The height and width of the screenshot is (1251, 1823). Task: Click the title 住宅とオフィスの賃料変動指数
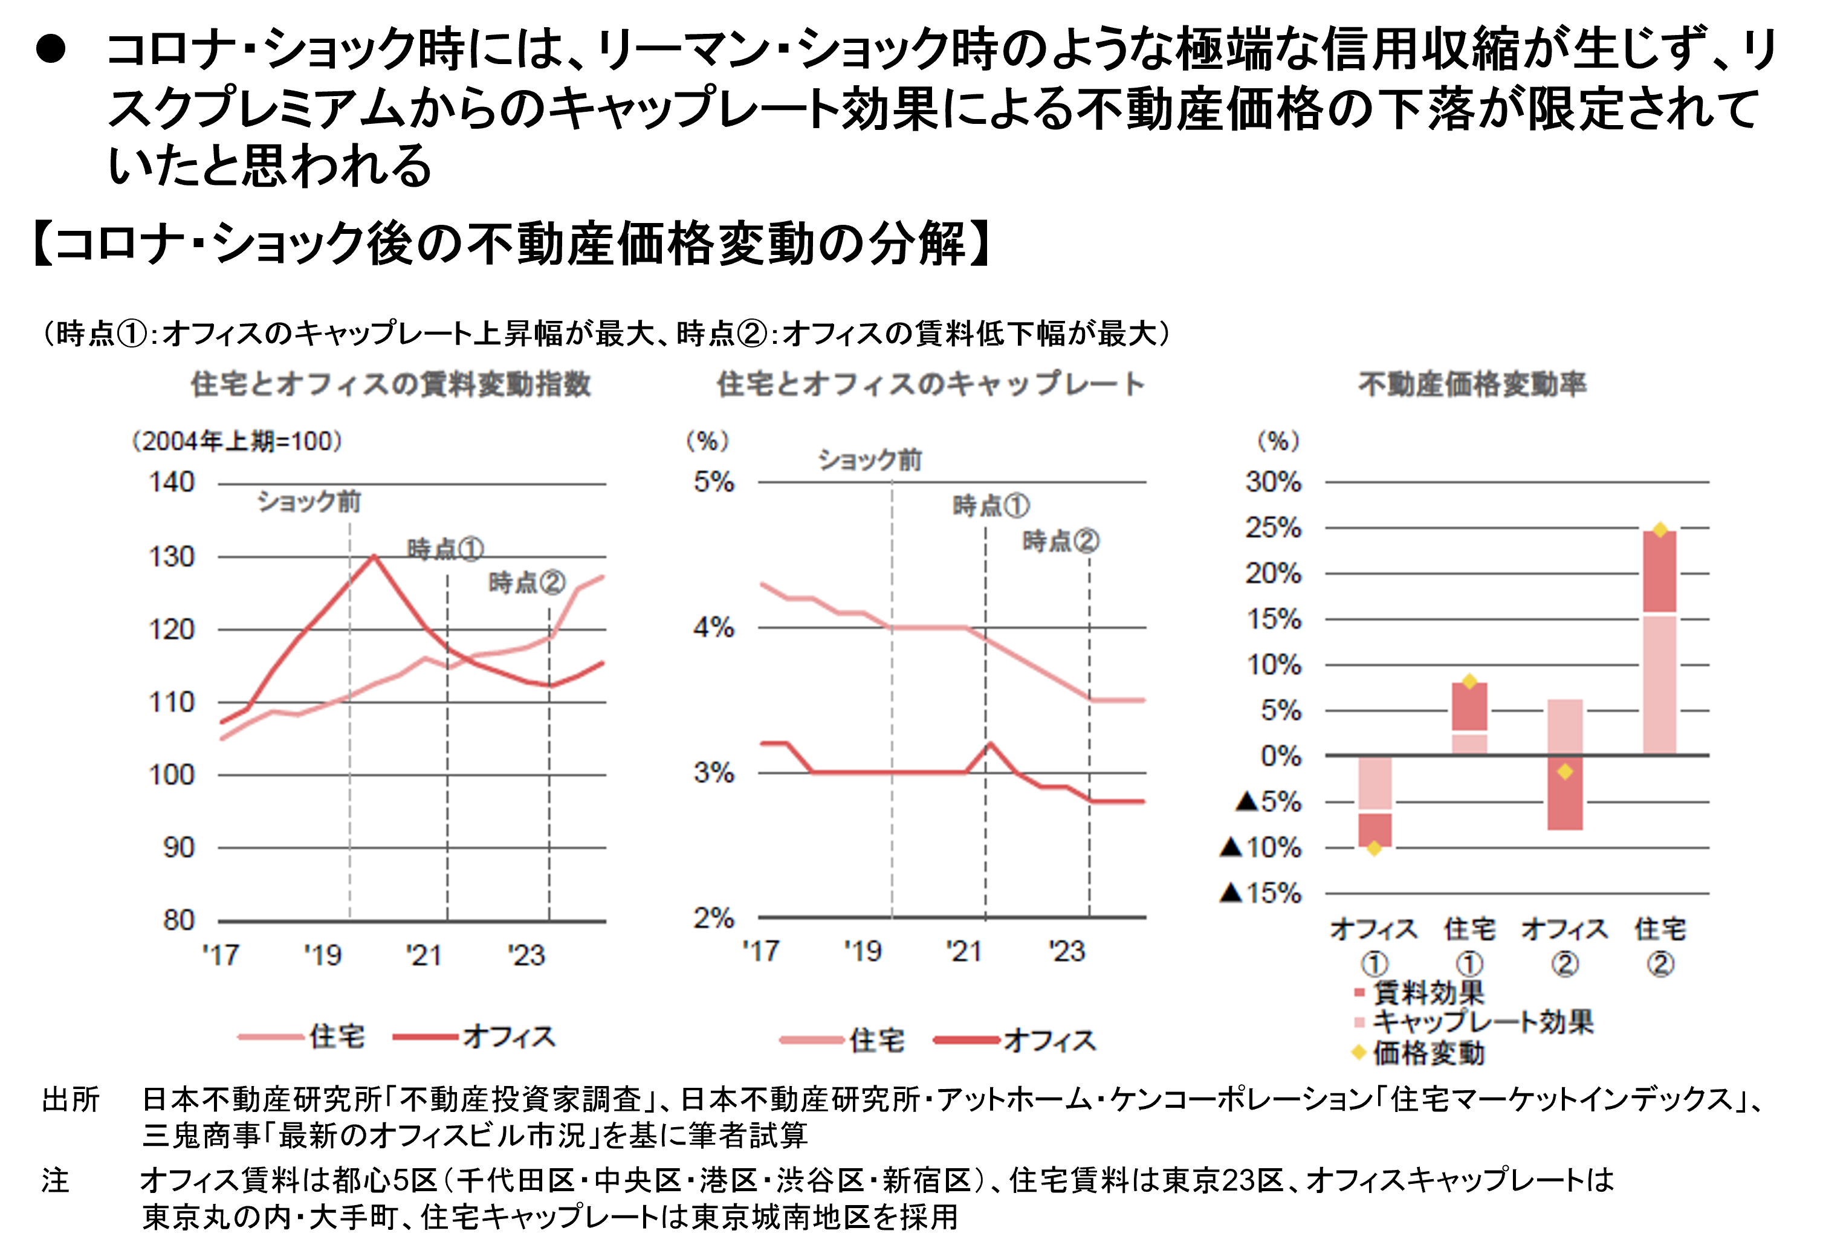[x=390, y=384]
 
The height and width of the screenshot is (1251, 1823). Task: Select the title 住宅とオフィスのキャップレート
[x=930, y=384]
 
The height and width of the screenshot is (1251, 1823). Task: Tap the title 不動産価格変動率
[x=1472, y=384]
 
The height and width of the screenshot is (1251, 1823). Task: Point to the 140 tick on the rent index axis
[x=172, y=482]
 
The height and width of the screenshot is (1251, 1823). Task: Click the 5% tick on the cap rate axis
[x=713, y=482]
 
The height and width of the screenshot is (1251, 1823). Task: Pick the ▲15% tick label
[x=1260, y=893]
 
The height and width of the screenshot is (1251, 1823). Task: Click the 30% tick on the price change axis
[x=1272, y=482]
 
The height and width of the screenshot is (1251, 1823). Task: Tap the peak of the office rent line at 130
[x=374, y=556]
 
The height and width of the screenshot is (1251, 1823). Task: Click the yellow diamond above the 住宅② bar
[x=1660, y=530]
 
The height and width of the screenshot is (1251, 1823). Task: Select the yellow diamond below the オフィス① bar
[x=1373, y=848]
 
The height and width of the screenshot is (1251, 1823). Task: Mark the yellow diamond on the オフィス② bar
[x=1565, y=772]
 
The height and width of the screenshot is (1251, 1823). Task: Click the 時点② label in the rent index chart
[x=526, y=583]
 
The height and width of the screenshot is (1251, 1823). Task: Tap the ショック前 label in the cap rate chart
[x=869, y=460]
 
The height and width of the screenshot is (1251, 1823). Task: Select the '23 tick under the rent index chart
[x=526, y=955]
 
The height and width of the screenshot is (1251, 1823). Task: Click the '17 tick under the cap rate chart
[x=760, y=951]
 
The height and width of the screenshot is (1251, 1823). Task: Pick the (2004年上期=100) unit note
[x=237, y=442]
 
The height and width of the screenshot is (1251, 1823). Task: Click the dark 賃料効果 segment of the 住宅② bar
[x=1660, y=572]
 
